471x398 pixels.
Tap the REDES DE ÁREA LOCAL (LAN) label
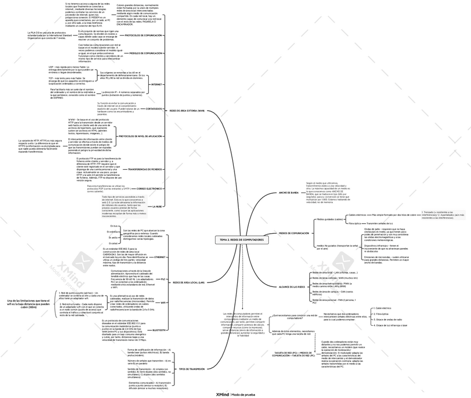[x=189, y=283]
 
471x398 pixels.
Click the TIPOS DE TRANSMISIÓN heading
[x=192, y=369]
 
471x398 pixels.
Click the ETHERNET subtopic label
[x=160, y=258]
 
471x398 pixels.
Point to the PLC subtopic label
[x=163, y=279]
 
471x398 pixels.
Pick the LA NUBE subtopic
[x=157, y=206]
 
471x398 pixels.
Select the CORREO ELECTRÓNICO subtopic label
[x=149, y=189]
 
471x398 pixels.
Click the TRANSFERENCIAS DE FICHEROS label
[x=145, y=169]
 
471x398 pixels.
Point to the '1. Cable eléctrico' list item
[x=384, y=308]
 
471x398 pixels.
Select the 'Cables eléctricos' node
[x=357, y=215]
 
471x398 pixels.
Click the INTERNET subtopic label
[x=157, y=84]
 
